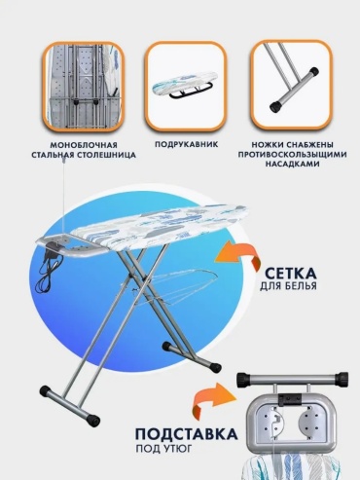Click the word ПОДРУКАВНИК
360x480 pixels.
click(x=186, y=144)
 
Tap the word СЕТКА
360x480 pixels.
click(x=290, y=274)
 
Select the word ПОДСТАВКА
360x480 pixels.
click(x=186, y=434)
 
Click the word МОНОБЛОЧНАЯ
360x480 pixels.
click(x=84, y=145)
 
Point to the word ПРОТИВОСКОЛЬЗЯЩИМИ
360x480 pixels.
click(x=292, y=154)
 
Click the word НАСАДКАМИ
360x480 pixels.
click(x=292, y=164)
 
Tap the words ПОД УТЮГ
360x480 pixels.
click(x=163, y=449)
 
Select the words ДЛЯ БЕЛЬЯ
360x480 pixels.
click(x=288, y=286)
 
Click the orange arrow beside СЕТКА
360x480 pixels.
click(x=238, y=256)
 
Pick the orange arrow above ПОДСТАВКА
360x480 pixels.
click(x=214, y=400)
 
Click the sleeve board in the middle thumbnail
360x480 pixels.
click(x=183, y=85)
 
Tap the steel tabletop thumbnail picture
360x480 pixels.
click(x=84, y=87)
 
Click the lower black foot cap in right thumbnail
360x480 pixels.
click(x=275, y=107)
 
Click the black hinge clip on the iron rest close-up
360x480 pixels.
click(x=290, y=398)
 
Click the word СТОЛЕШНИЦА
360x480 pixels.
click(x=108, y=155)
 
